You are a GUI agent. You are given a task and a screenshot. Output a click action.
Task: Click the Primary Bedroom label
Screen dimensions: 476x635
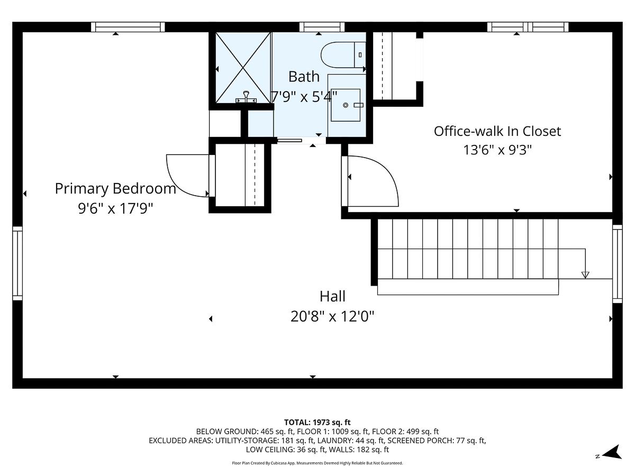pyautogui.click(x=115, y=188)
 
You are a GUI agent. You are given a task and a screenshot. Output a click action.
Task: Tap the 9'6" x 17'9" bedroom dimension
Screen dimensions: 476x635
pyautogui.click(x=115, y=208)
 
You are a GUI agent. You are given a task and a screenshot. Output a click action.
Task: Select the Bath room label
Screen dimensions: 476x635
pyautogui.click(x=304, y=77)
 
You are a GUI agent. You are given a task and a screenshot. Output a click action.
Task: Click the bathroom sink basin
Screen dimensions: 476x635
pyautogui.click(x=346, y=105)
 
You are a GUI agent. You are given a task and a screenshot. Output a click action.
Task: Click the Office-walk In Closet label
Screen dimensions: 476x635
pyautogui.click(x=497, y=131)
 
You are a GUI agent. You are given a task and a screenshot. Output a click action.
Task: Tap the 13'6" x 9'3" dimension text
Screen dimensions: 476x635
pyautogui.click(x=497, y=150)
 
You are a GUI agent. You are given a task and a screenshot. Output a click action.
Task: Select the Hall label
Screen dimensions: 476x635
pyautogui.click(x=332, y=296)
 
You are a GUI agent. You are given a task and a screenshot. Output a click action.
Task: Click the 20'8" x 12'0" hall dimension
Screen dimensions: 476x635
pyautogui.click(x=332, y=317)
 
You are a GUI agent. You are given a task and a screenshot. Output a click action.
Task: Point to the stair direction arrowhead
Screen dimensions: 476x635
pyautogui.click(x=585, y=274)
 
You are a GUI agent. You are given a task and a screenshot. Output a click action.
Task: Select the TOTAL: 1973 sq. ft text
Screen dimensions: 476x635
pyautogui.click(x=317, y=422)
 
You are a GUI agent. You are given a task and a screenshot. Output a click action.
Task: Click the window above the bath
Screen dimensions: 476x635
pyautogui.click(x=322, y=27)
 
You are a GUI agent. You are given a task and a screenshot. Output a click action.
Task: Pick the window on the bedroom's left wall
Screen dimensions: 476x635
pyautogui.click(x=17, y=263)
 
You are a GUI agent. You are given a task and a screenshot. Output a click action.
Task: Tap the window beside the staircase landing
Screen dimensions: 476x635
pyautogui.click(x=617, y=263)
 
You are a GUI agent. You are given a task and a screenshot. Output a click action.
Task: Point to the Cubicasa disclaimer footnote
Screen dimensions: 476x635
pyautogui.click(x=317, y=463)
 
